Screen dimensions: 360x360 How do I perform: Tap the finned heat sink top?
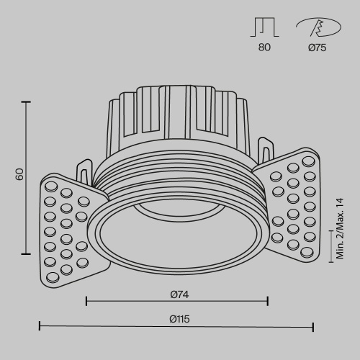(176, 115)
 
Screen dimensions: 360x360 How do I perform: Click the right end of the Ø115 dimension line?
(313, 328)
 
